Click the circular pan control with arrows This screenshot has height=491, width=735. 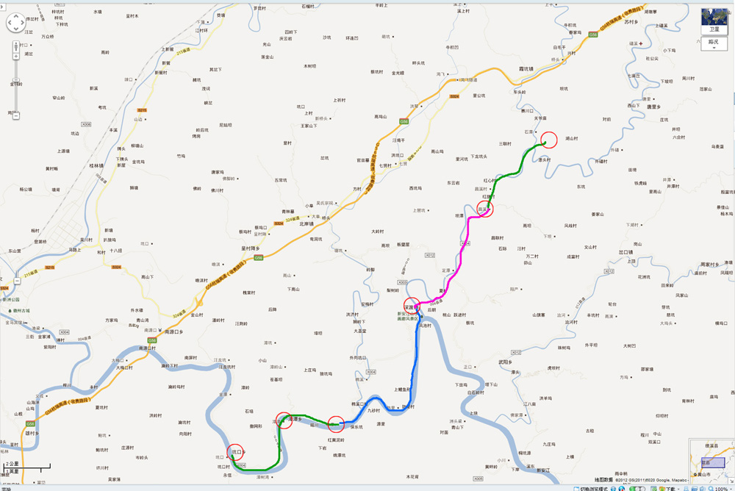[15, 24]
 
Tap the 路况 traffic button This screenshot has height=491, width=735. [713, 43]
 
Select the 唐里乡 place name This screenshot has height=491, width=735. [656, 107]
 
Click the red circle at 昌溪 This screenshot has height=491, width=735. [485, 209]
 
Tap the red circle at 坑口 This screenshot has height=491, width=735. [235, 453]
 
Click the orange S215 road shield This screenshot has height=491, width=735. [142, 110]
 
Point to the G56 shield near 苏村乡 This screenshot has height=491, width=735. [592, 34]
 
